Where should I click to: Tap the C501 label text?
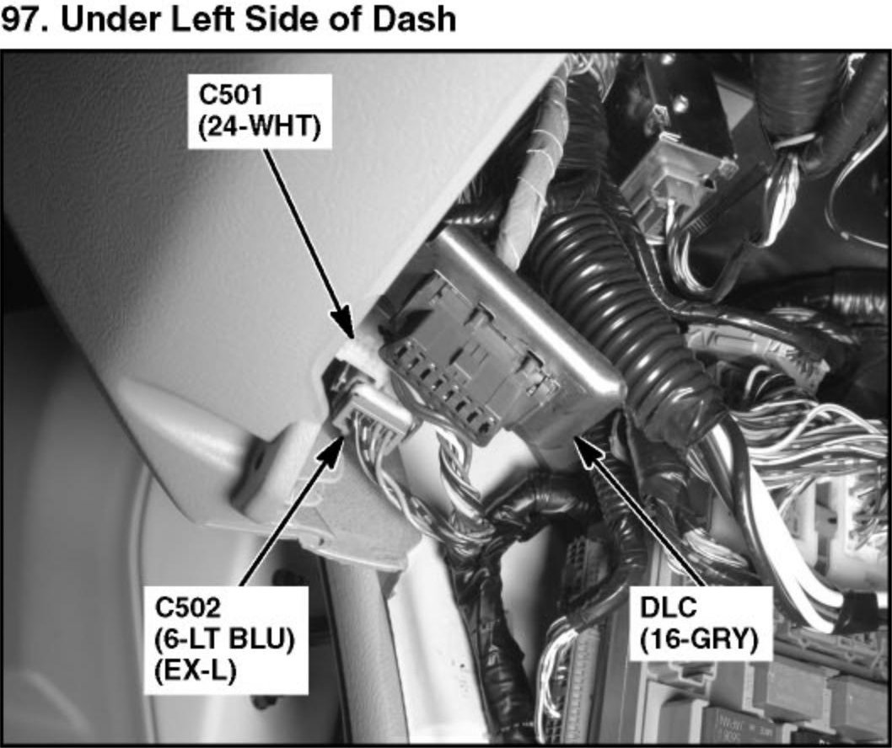230,94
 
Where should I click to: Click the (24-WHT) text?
260,127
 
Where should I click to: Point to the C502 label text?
188,607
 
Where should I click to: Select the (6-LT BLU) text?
225,640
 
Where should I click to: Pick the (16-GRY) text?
699,640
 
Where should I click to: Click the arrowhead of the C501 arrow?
346,324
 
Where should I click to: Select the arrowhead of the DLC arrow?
586,448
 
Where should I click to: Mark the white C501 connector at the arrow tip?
357,351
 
